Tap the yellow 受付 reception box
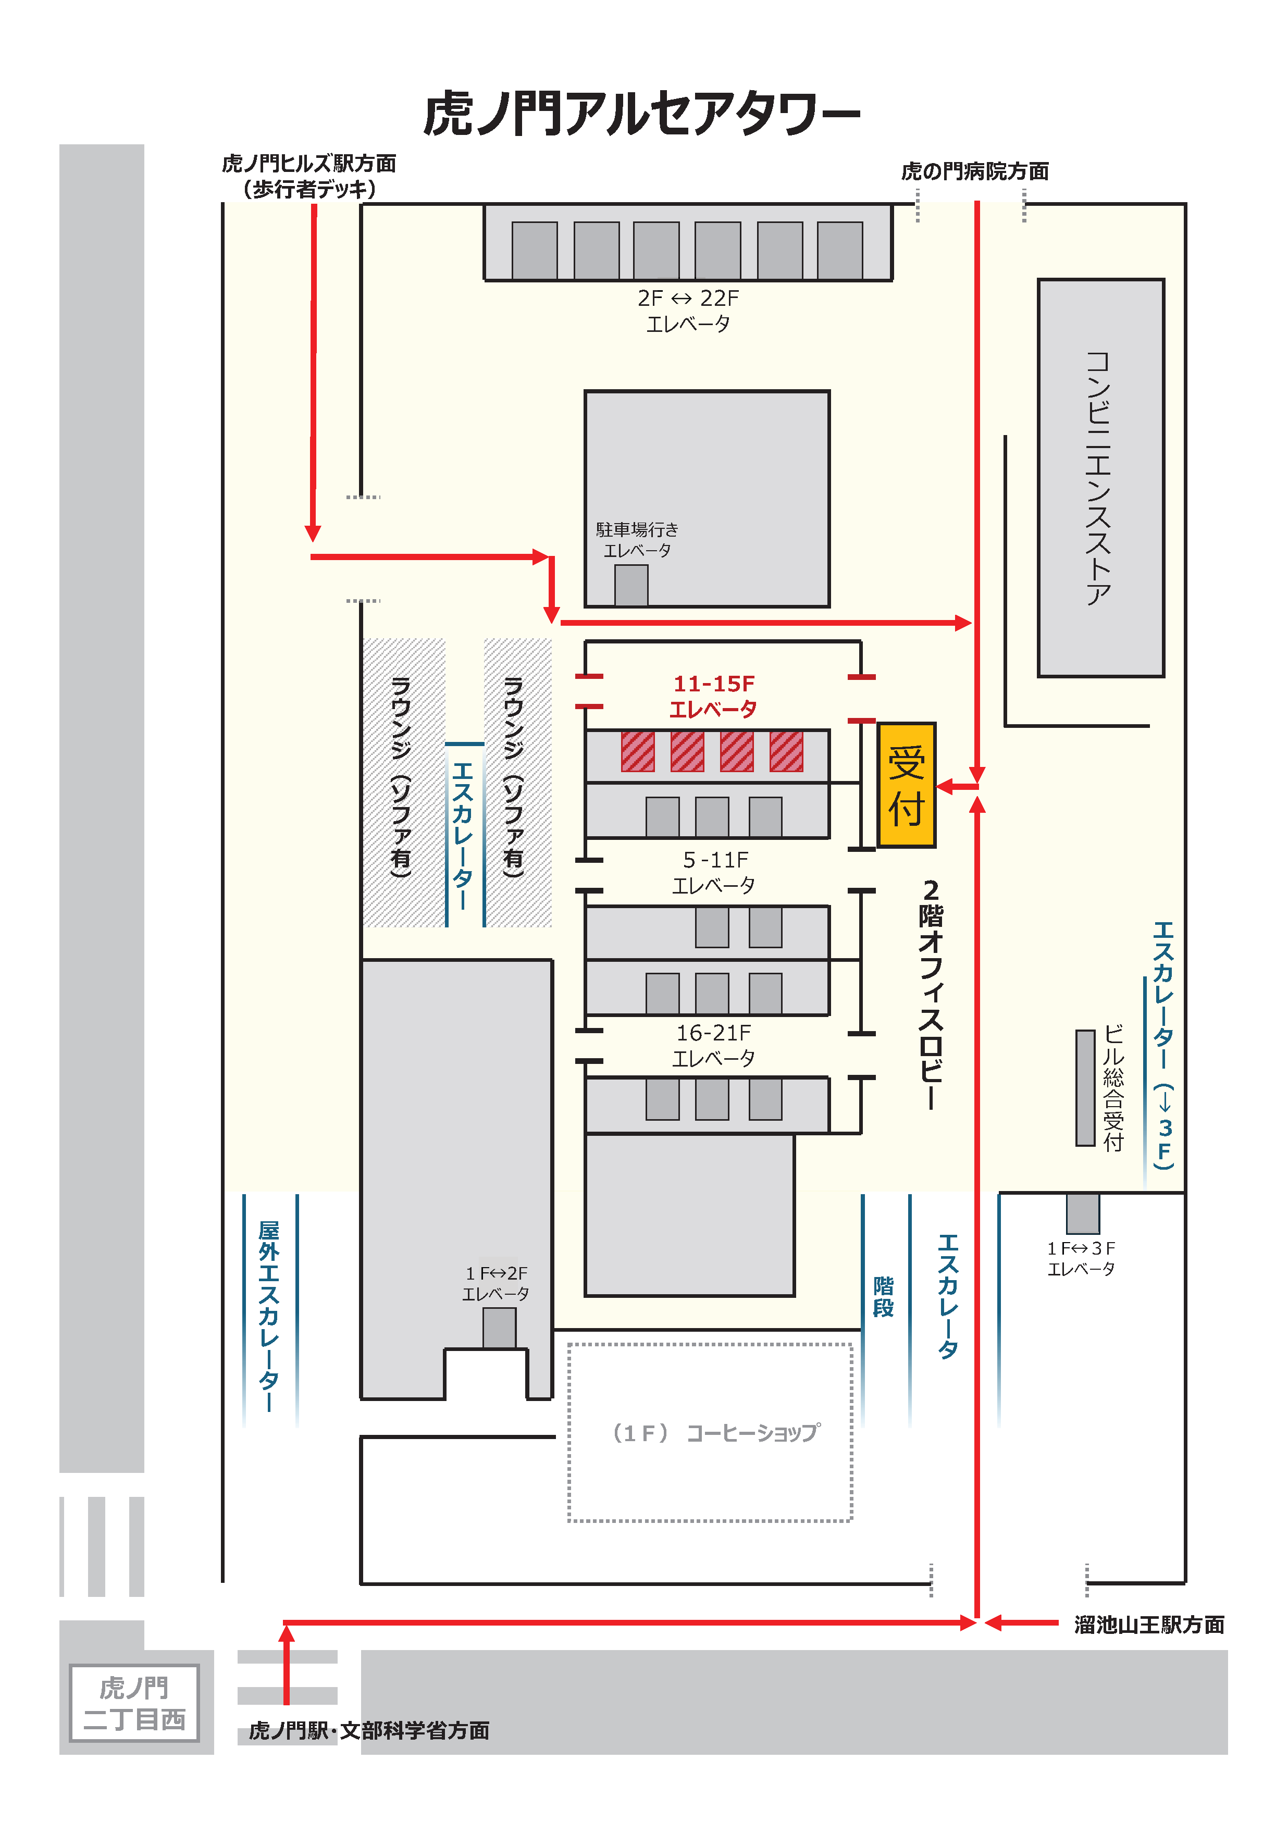(906, 785)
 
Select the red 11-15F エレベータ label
(713, 696)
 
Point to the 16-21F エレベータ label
(713, 1045)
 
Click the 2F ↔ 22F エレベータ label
(688, 311)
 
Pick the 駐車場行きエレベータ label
(637, 540)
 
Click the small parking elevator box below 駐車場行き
(631, 586)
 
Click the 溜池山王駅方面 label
(1149, 1625)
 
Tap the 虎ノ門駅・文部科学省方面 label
(369, 1730)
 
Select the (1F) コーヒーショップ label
(716, 1432)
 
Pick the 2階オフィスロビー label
(931, 994)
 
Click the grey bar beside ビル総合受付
(1085, 1088)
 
